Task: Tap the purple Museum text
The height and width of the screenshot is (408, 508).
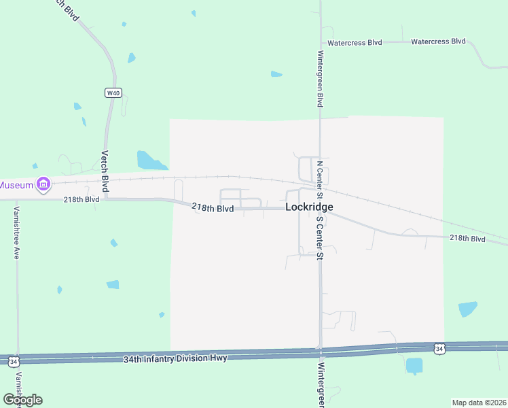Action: (x=16, y=185)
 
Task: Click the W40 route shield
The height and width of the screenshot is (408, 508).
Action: (x=113, y=93)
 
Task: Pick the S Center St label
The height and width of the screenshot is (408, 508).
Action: (x=319, y=236)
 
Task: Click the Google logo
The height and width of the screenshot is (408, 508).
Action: (x=22, y=399)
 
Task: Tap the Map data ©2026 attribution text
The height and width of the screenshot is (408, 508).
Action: (x=479, y=403)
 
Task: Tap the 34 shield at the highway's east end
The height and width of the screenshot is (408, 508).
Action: (x=440, y=349)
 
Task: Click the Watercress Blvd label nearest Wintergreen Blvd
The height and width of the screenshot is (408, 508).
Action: (x=355, y=42)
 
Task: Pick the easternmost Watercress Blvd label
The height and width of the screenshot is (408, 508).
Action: (x=439, y=41)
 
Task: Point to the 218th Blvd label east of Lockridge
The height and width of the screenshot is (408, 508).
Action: (x=468, y=239)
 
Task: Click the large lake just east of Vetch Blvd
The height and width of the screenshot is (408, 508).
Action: (x=149, y=160)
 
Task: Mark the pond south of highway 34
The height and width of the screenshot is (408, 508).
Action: (x=414, y=366)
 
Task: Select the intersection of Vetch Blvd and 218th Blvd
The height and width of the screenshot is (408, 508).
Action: (x=106, y=199)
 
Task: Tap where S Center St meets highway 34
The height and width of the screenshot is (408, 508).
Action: (x=320, y=350)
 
